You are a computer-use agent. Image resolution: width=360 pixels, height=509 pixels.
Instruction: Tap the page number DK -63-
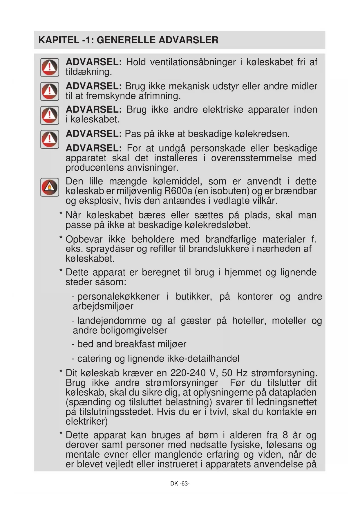coord(180,483)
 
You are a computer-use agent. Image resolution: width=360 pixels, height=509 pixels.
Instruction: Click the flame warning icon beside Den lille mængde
coord(50,187)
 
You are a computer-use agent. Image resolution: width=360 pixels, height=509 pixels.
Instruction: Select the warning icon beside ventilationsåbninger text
coord(50,67)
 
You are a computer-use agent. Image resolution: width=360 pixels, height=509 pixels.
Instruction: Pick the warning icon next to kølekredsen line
coord(50,139)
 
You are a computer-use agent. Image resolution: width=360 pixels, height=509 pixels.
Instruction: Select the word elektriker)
coord(86,421)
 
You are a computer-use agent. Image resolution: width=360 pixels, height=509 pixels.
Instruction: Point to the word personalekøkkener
coord(118,297)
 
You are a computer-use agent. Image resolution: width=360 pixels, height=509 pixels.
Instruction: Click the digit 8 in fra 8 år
coord(285,435)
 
